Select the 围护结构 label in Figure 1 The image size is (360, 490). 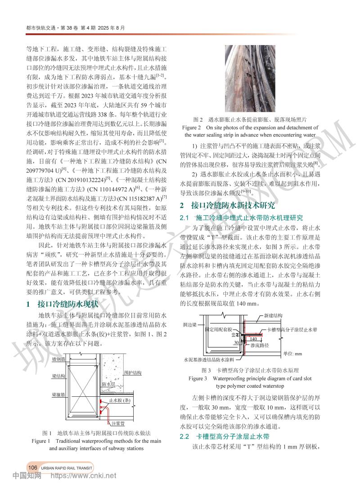[133, 373]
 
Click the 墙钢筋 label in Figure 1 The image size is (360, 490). [58, 359]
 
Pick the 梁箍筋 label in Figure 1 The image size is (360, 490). [58, 394]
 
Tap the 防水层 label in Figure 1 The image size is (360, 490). [109, 384]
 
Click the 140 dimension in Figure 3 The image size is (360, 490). [254, 338]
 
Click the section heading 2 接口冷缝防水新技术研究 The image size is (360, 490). [227, 205]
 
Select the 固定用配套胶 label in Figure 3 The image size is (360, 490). [218, 330]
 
